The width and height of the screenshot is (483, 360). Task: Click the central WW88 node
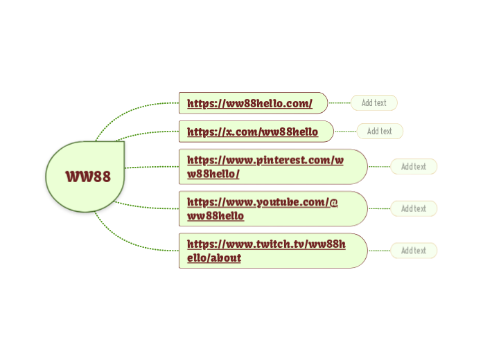click(x=86, y=176)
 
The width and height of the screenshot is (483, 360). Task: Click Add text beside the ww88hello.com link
click(x=374, y=103)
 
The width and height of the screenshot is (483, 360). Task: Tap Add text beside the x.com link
click(x=379, y=131)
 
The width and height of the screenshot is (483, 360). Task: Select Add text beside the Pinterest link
click(x=413, y=167)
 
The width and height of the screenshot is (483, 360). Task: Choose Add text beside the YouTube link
click(x=413, y=208)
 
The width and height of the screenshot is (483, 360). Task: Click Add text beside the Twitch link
click(x=413, y=251)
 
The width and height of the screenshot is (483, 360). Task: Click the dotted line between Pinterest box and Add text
click(x=378, y=167)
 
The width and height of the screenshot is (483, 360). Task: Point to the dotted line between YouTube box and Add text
click(x=378, y=208)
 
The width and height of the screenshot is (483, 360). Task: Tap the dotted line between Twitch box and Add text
click(x=378, y=251)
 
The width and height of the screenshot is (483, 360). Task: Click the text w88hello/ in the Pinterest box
click(x=213, y=174)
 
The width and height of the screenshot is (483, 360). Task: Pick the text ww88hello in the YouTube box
click(x=216, y=216)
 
